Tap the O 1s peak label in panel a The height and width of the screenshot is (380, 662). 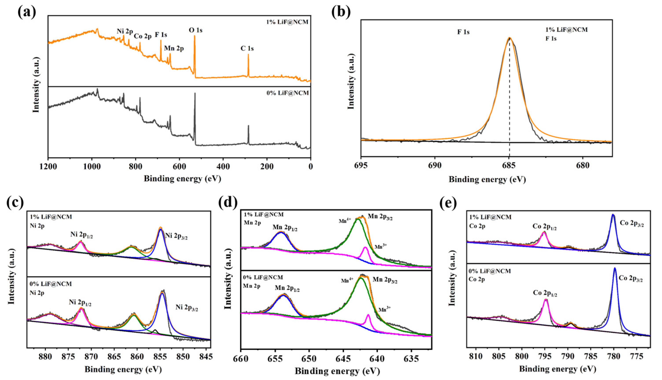coord(195,30)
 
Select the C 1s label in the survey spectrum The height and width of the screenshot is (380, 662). coord(247,49)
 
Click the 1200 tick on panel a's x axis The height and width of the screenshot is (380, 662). coord(48,166)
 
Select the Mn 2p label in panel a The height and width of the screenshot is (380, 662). coord(174,49)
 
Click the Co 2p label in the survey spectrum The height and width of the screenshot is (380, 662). coord(143,36)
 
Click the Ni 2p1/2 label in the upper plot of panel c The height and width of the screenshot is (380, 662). coord(81,235)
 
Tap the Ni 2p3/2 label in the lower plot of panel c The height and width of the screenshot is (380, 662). coord(186,308)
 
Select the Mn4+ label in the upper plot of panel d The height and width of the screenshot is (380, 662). coord(345,221)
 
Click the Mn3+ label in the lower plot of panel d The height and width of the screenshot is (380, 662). coord(385,310)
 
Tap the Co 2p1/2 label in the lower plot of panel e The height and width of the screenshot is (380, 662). coord(545,293)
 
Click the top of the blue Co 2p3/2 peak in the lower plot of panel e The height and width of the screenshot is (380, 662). coord(614,268)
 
